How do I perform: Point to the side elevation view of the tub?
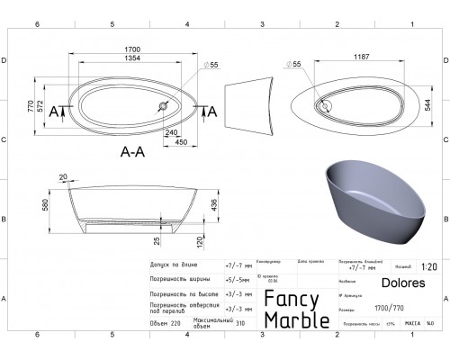pyautogui.click(x=246, y=108)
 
